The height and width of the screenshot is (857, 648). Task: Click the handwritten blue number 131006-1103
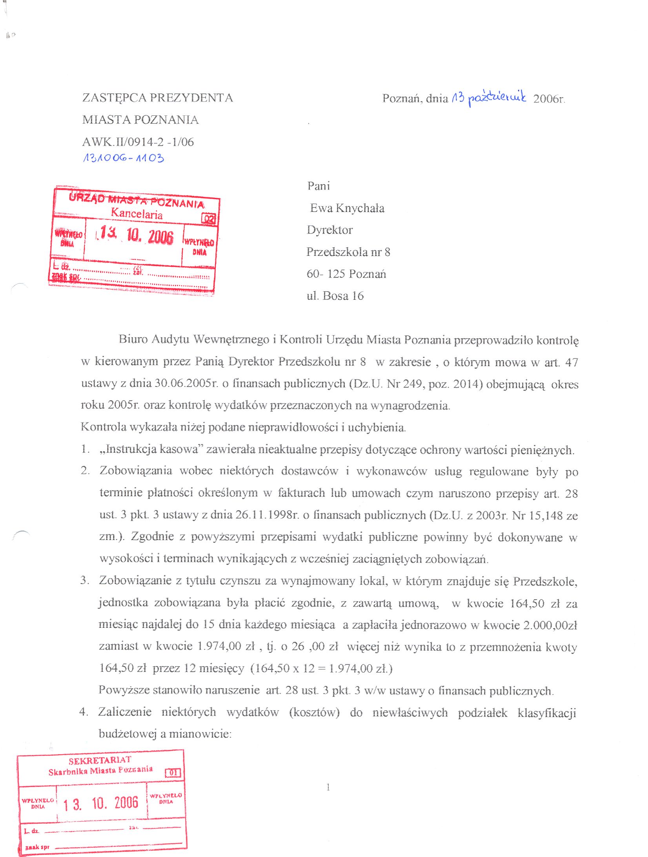point(123,158)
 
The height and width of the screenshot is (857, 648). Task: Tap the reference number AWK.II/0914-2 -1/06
point(138,142)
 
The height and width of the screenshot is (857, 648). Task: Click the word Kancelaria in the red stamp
point(137,214)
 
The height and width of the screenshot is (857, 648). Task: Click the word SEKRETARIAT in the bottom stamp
point(100,761)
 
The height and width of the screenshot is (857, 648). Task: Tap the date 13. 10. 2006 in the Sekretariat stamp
point(101,803)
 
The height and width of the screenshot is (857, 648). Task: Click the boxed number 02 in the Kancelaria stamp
point(209,219)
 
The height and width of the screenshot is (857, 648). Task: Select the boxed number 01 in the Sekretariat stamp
point(173,773)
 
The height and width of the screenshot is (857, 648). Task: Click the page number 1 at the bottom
point(328,787)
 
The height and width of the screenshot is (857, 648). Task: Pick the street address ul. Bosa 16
point(335,296)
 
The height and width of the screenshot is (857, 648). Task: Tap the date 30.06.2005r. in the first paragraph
point(186,383)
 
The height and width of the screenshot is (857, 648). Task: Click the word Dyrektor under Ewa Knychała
point(329,230)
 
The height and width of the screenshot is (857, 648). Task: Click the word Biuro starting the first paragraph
point(133,339)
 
